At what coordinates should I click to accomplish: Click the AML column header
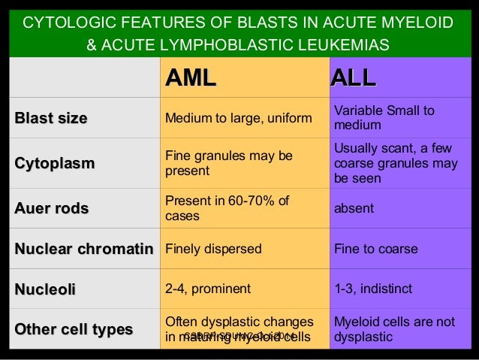click(191, 78)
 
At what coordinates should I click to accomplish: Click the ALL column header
click(354, 78)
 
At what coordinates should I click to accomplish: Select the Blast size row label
click(51, 118)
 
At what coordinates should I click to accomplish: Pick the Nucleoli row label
click(45, 287)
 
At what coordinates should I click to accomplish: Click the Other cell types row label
click(74, 329)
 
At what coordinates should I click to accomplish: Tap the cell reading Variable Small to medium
click(384, 118)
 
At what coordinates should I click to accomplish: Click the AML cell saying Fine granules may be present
click(228, 163)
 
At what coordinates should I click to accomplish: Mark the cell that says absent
click(353, 208)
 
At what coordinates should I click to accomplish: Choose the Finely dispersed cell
click(213, 249)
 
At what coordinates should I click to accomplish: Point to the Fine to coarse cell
click(375, 249)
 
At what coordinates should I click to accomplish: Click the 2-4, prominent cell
click(208, 287)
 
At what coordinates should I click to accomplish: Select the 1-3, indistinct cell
click(370, 287)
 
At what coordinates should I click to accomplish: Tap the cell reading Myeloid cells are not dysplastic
click(393, 329)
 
